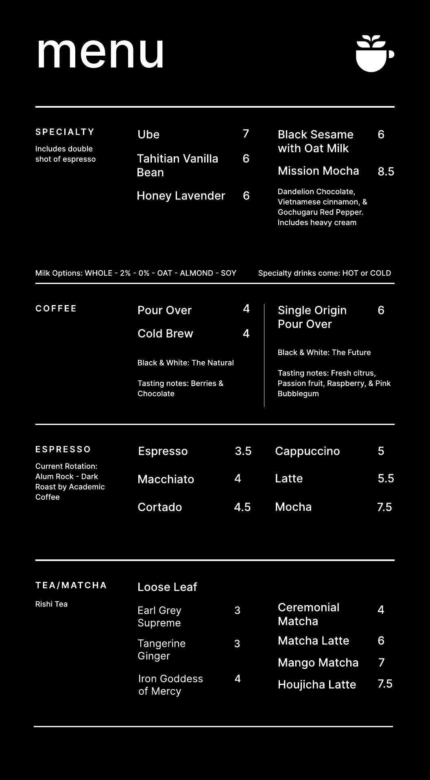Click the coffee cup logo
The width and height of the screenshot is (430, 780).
coord(374,54)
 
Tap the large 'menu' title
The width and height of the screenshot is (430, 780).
coord(100,53)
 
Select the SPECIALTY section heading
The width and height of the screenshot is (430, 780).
coord(65,132)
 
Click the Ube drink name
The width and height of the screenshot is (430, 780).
coord(148,134)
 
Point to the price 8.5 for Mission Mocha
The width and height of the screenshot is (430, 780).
coord(386,171)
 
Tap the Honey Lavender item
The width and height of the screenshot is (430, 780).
coord(181,196)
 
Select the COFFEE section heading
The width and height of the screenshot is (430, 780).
coord(56,308)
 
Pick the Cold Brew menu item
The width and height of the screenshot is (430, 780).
coord(165,334)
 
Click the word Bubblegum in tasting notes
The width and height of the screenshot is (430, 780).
coord(298,394)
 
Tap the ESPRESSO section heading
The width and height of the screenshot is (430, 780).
coord(63,449)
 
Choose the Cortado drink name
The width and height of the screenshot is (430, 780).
coord(159,507)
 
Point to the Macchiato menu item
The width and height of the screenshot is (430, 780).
coord(166,479)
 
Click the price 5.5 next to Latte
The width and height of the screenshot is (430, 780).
coord(386,479)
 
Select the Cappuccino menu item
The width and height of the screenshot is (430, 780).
coord(307,451)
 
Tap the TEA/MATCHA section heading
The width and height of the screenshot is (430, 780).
coord(71,585)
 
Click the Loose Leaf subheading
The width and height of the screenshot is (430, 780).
coord(167,587)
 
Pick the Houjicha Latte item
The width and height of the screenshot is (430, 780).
coord(316,685)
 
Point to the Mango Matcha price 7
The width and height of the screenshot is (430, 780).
coord(381,663)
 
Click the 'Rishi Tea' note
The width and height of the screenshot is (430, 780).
coord(51,604)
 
